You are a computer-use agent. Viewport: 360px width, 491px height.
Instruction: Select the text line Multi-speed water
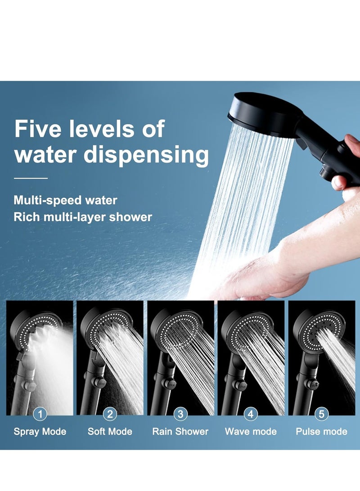(x=65, y=200)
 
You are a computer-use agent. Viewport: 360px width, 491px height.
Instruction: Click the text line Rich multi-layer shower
(x=83, y=217)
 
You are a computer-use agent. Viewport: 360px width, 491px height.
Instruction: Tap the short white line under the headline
(x=31, y=179)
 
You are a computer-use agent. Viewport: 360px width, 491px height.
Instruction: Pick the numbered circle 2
(x=110, y=414)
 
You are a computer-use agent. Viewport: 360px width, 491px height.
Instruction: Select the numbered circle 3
(x=180, y=414)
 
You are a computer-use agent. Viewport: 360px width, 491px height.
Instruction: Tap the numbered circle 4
(x=251, y=414)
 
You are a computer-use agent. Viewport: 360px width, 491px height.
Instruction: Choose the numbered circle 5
(x=321, y=414)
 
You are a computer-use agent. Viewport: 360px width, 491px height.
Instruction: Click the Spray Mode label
(x=40, y=432)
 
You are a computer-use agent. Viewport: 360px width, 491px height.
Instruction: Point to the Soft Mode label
(x=110, y=432)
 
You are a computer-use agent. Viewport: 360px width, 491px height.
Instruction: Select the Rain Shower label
(x=180, y=432)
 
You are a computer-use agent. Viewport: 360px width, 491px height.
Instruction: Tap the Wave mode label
(x=251, y=432)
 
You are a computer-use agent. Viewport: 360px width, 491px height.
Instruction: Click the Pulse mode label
(x=321, y=432)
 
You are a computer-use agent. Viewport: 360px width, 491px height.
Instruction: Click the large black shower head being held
(x=261, y=110)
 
